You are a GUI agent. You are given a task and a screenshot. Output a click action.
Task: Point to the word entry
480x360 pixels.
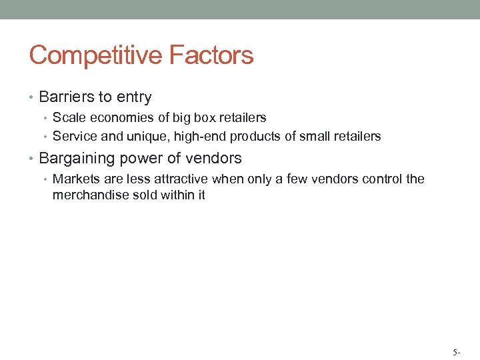pos(134,98)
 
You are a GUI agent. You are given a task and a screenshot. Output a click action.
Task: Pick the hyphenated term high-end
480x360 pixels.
pos(200,137)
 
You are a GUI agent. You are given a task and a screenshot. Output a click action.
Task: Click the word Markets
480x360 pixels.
pos(76,179)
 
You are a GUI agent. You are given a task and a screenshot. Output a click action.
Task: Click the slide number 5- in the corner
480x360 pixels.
pos(456,351)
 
